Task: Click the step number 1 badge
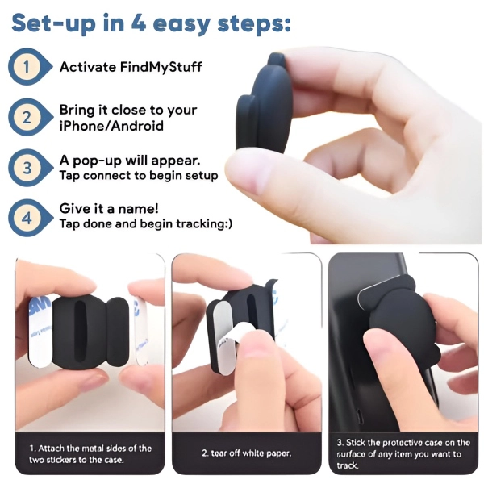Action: pyautogui.click(x=29, y=67)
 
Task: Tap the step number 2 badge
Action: pyautogui.click(x=29, y=117)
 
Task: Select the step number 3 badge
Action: pyautogui.click(x=29, y=168)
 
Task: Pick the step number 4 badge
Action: pyautogui.click(x=29, y=219)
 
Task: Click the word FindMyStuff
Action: pyautogui.click(x=161, y=67)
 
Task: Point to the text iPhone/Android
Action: pyautogui.click(x=111, y=126)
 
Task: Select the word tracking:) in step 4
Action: pyautogui.click(x=204, y=223)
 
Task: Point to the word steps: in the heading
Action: pyautogui.click(x=254, y=23)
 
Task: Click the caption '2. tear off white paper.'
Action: pyautogui.click(x=247, y=453)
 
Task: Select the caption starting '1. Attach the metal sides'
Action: pyautogui.click(x=90, y=453)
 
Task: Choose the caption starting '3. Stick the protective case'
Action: pyautogui.click(x=403, y=453)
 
